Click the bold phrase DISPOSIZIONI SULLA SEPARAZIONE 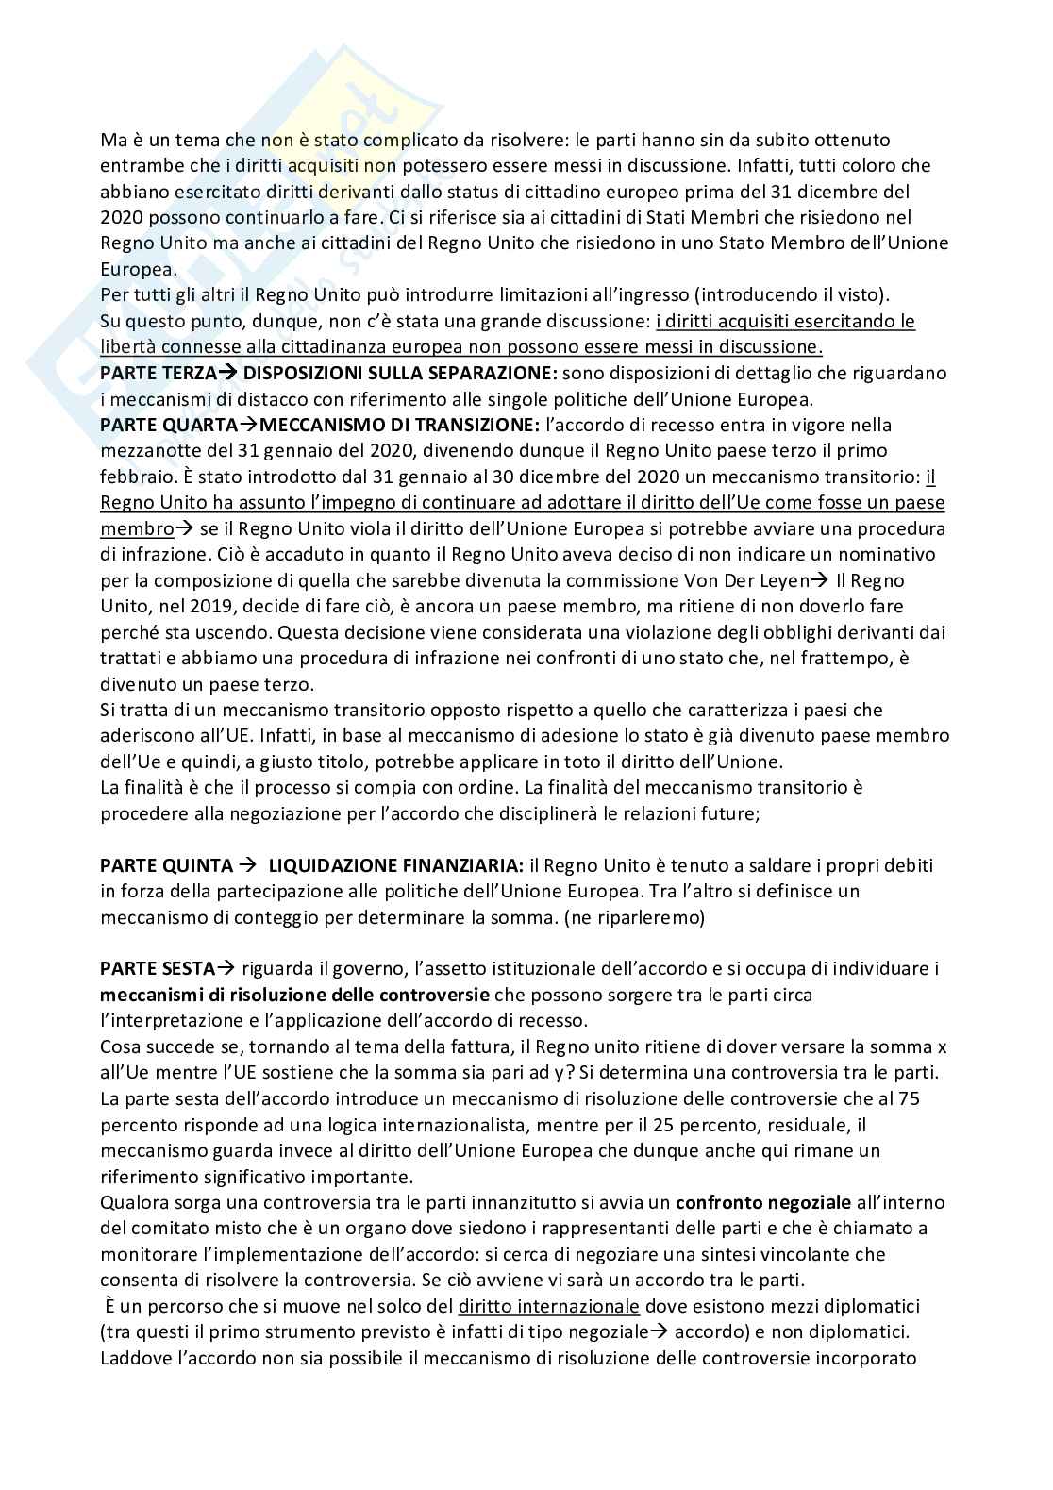coord(400,373)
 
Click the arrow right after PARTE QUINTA coord(249,864)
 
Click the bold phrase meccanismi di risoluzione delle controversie coord(294,995)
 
